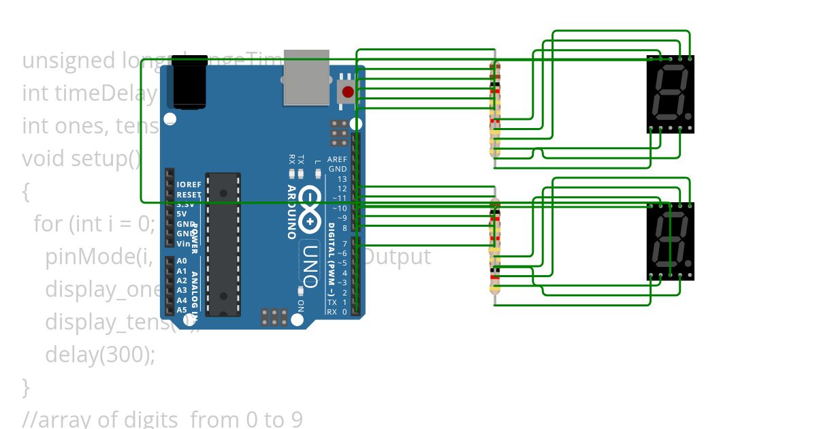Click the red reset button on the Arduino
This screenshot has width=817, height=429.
click(x=348, y=92)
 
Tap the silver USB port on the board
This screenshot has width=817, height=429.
click(x=306, y=78)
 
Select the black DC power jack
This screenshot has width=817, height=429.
click(x=189, y=83)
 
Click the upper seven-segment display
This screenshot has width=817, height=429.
click(x=670, y=94)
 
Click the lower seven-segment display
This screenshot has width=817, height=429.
click(x=670, y=241)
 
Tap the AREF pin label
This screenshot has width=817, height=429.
click(x=336, y=159)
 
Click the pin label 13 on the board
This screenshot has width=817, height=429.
click(x=342, y=179)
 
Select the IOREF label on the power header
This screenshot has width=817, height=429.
click(x=189, y=185)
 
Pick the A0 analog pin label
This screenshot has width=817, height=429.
click(x=182, y=261)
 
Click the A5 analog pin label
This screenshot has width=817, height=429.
click(x=182, y=310)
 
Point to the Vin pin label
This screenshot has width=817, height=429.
click(x=183, y=244)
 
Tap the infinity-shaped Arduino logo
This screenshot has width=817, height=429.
click(x=310, y=207)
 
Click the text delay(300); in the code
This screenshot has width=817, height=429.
click(x=100, y=354)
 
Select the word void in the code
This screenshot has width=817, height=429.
click(x=44, y=159)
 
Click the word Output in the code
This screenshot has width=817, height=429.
click(x=399, y=257)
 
